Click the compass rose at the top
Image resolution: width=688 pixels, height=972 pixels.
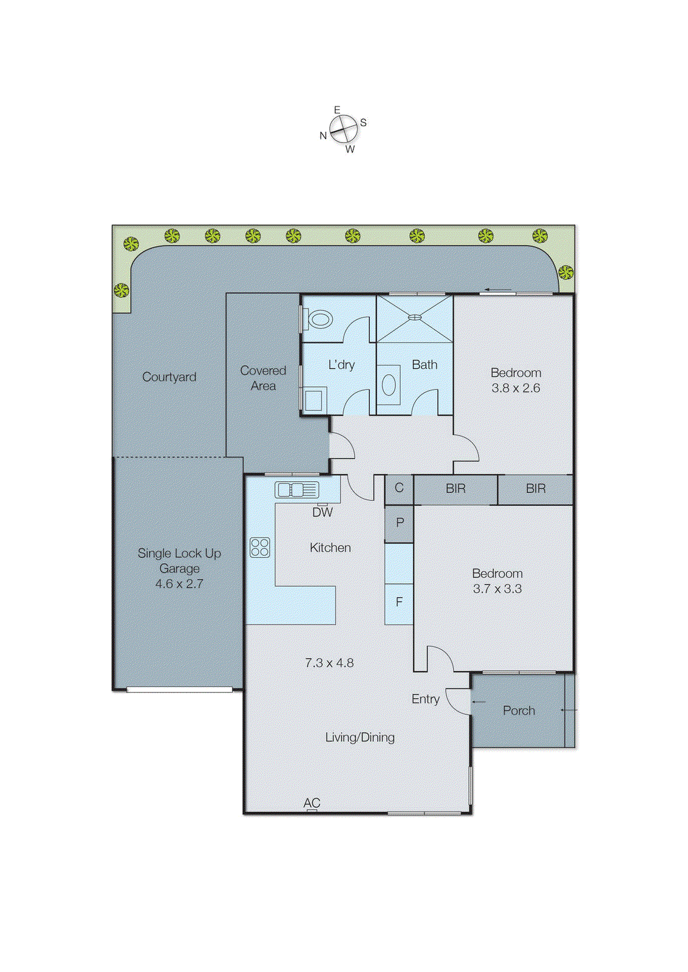pyautogui.click(x=343, y=129)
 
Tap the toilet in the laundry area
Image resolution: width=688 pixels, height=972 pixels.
pyautogui.click(x=319, y=318)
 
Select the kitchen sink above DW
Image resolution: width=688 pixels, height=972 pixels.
pyautogui.click(x=297, y=490)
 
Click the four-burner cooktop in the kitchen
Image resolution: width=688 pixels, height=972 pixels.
pyautogui.click(x=260, y=547)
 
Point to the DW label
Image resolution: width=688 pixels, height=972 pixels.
pyautogui.click(x=322, y=513)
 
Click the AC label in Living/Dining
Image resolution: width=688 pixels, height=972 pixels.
pyautogui.click(x=312, y=803)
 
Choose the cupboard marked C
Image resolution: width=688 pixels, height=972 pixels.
pyautogui.click(x=399, y=488)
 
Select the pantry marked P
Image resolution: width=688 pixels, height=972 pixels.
pyautogui.click(x=400, y=522)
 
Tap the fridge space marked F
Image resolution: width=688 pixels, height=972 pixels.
pyautogui.click(x=399, y=602)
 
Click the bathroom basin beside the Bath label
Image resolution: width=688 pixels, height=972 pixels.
pyautogui.click(x=389, y=385)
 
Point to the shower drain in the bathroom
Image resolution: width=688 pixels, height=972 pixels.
pyautogui.click(x=414, y=317)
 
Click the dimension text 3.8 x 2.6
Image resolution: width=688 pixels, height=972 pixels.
pyautogui.click(x=516, y=388)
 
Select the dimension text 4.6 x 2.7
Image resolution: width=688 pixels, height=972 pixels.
pyautogui.click(x=179, y=584)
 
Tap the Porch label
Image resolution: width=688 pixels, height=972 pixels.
pyautogui.click(x=519, y=711)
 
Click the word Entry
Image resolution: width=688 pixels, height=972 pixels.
pyautogui.click(x=425, y=699)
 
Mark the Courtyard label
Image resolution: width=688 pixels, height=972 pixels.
pyautogui.click(x=169, y=377)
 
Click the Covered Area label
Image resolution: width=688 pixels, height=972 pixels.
pyautogui.click(x=263, y=378)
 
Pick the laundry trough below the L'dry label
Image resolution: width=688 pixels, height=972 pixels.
pyautogui.click(x=314, y=400)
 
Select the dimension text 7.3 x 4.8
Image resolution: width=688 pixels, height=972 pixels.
pyautogui.click(x=329, y=663)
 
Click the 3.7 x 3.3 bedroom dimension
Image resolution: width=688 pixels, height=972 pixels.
pyautogui.click(x=497, y=589)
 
